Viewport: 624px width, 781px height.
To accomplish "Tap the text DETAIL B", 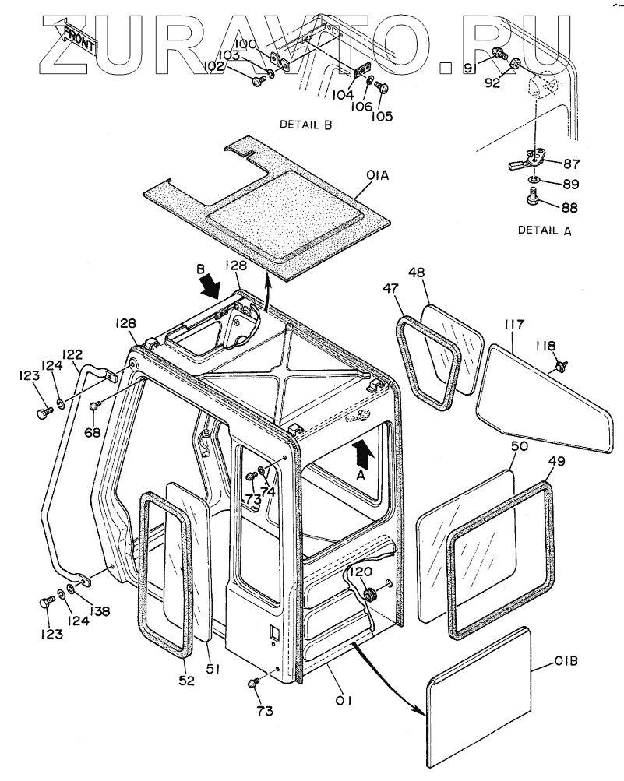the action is pos(305,125).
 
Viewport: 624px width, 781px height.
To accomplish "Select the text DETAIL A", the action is pos(545,230).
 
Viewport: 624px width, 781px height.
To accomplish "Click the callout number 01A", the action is pos(377,176).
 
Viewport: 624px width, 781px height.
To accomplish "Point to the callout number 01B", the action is pos(566,661).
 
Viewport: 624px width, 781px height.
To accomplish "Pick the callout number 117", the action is pos(514,325).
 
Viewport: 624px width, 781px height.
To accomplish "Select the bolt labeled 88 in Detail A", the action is pos(533,196).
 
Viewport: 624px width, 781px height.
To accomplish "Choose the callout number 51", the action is pos(213,669).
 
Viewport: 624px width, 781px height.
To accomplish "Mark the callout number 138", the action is pos(99,610).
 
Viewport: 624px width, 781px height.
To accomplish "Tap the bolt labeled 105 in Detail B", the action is pos(382,88).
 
